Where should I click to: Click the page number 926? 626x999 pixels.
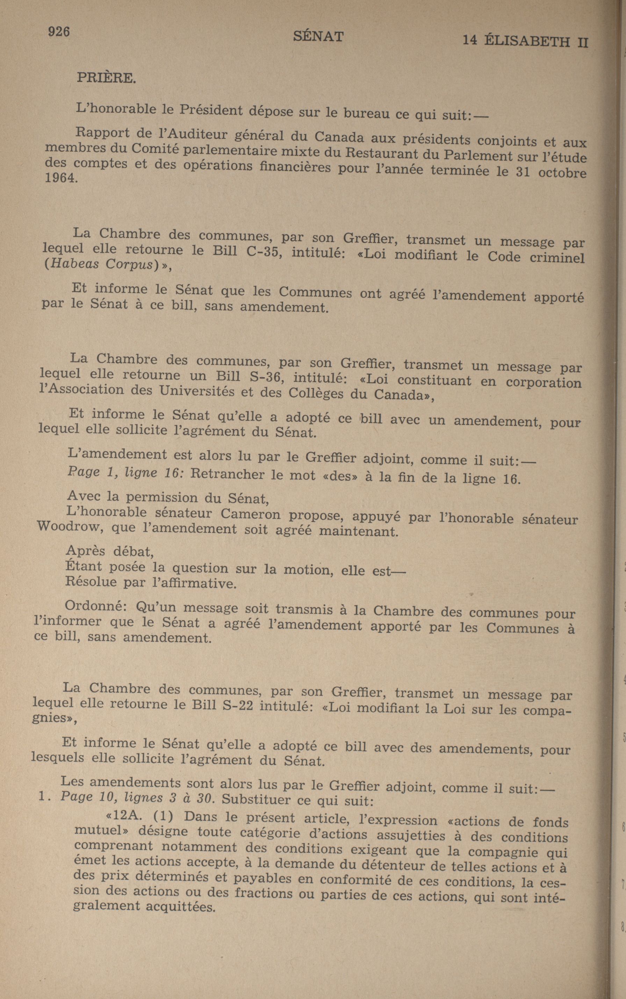pyautogui.click(x=58, y=31)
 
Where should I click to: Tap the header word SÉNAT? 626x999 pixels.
pyautogui.click(x=318, y=37)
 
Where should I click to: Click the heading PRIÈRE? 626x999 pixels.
pyautogui.click(x=106, y=78)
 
